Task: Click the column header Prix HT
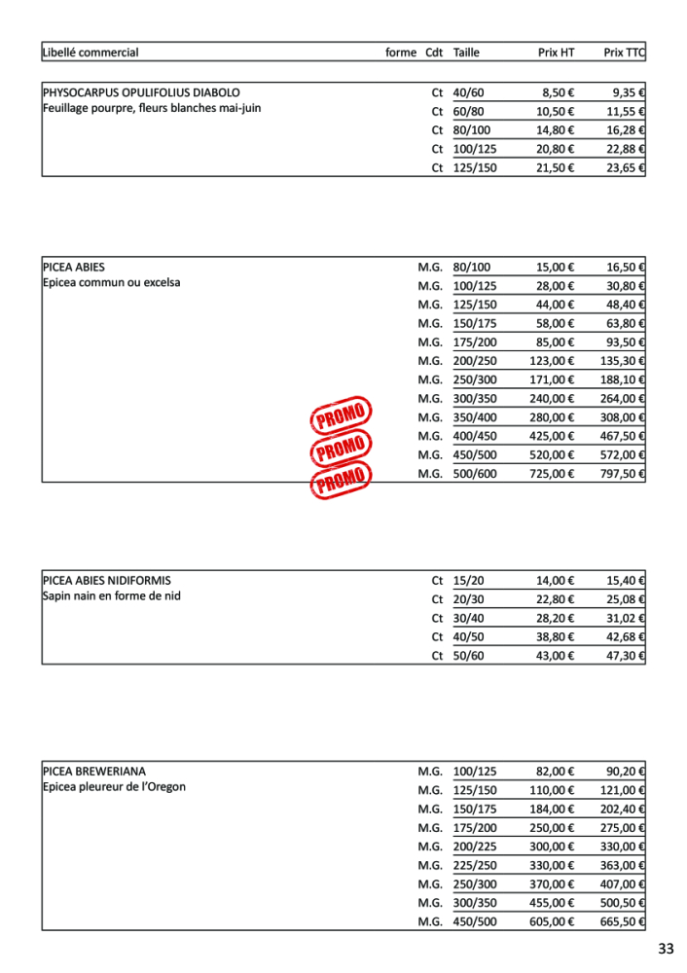coord(556,53)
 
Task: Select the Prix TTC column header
coord(625,53)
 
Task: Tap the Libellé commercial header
coord(90,53)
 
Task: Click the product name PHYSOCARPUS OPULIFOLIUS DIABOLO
coord(141,92)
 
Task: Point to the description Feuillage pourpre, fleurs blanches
coord(152,108)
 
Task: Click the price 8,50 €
coord(558,92)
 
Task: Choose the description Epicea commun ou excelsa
coord(112,282)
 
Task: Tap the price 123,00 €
coord(552,361)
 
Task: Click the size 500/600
coord(475,474)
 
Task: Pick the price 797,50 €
coord(624,474)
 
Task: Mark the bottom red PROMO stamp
coord(341,478)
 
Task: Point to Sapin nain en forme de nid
coord(112,595)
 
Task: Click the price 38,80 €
coord(555,636)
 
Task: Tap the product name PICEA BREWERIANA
coord(94,771)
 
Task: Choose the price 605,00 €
coord(552,921)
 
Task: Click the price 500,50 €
coord(624,903)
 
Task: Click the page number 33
coord(666,949)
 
